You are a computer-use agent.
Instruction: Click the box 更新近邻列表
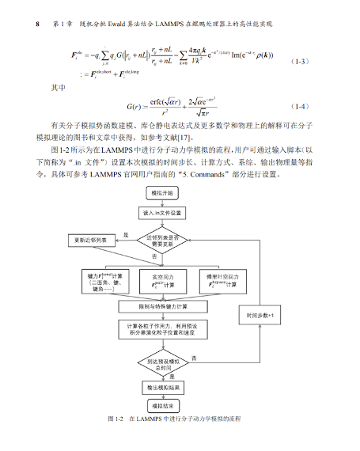tap(91, 240)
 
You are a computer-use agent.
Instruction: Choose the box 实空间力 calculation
tap(163, 280)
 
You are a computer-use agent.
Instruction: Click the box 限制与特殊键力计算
tap(163, 305)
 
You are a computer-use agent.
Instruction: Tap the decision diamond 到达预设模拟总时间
tap(163, 364)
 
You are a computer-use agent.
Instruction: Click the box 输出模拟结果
tap(163, 388)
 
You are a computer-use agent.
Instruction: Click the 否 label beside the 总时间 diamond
tap(194, 358)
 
